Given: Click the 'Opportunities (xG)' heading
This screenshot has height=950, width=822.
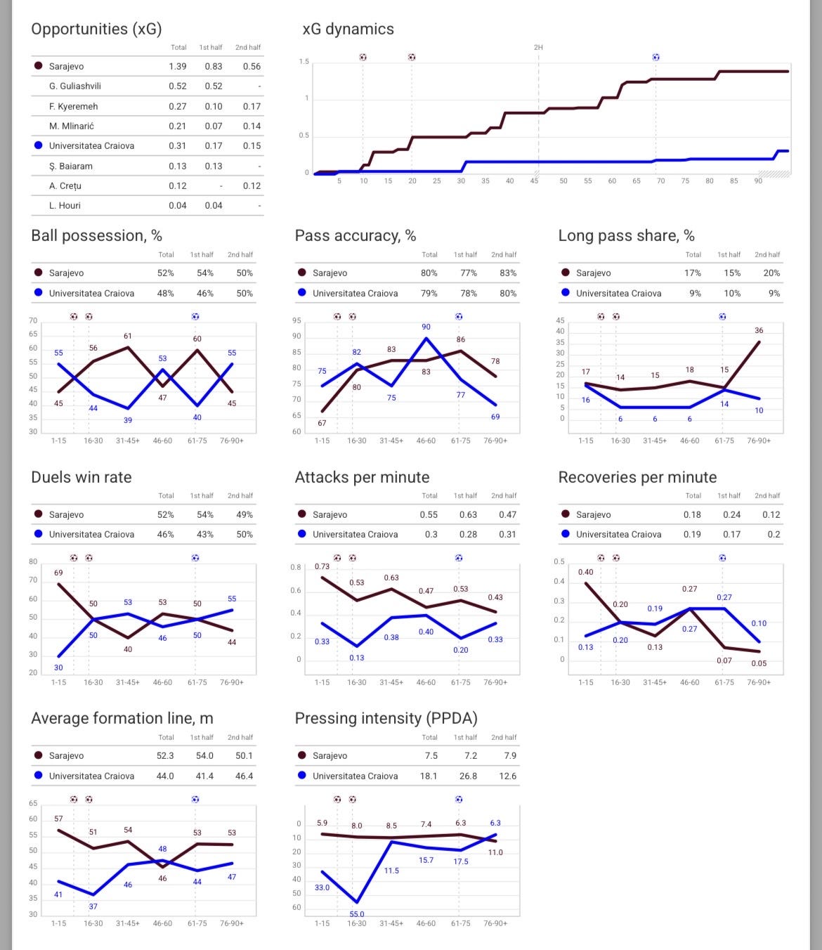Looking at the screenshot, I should (96, 29).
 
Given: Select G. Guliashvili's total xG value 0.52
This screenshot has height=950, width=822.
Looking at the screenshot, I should (178, 86).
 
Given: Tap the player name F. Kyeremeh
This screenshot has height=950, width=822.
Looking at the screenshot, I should (73, 106).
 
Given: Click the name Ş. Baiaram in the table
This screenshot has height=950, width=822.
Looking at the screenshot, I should (70, 166).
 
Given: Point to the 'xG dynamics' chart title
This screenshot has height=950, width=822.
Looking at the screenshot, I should (348, 29).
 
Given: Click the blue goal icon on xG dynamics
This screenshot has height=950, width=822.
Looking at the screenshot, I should (655, 57).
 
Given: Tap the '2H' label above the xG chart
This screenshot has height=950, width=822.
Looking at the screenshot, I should (538, 47).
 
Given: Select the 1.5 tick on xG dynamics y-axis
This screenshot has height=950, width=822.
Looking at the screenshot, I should (304, 62).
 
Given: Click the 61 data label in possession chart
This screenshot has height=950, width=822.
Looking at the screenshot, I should (128, 336).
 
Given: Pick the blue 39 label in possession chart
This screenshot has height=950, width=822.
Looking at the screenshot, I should (128, 420).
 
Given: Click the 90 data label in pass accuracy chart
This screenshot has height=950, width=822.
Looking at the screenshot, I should (426, 327).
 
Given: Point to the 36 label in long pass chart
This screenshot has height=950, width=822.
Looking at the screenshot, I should (759, 330).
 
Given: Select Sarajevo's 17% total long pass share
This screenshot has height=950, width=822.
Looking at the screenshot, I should (693, 273).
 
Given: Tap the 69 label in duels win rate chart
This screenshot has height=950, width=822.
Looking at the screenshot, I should (58, 573).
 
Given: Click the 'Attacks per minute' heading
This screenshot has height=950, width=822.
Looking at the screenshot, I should (362, 477).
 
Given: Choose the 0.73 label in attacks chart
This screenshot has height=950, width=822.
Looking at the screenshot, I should (322, 566).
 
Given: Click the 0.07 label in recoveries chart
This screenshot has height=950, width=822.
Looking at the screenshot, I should (724, 661).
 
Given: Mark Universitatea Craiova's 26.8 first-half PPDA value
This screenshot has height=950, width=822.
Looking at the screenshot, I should (468, 776).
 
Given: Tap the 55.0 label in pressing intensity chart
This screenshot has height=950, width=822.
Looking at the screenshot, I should (357, 914).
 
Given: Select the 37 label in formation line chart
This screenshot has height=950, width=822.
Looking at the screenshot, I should (93, 906).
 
